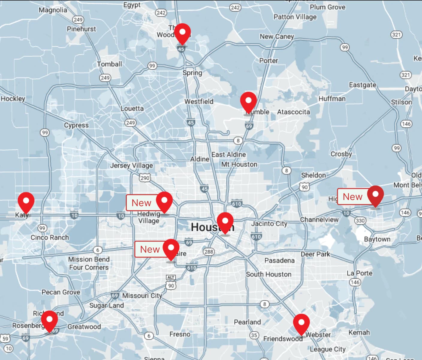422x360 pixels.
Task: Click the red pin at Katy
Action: pyautogui.click(x=26, y=201)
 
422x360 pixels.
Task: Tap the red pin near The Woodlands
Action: pyautogui.click(x=182, y=33)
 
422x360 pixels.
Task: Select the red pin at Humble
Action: pyautogui.click(x=248, y=102)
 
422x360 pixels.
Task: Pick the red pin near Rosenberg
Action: pyautogui.click(x=49, y=320)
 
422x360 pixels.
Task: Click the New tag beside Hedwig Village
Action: pyautogui.click(x=141, y=203)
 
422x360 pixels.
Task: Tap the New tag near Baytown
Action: pyautogui.click(x=352, y=197)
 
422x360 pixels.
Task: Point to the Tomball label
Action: pyautogui.click(x=109, y=64)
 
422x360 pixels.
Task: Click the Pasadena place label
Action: pyautogui.click(x=279, y=260)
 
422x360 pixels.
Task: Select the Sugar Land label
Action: pyautogui.click(x=106, y=305)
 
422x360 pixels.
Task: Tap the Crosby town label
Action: pyautogui.click(x=341, y=154)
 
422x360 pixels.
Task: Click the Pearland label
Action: pyautogui.click(x=247, y=322)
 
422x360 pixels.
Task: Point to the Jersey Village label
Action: pyautogui.click(x=131, y=165)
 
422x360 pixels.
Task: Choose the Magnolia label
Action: pyautogui.click(x=53, y=10)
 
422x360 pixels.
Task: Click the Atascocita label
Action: pyautogui.click(x=293, y=112)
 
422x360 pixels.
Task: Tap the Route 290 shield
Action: pyautogui.click(x=145, y=178)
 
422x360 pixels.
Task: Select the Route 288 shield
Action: pyautogui.click(x=209, y=251)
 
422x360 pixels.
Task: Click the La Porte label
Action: pyautogui.click(x=359, y=273)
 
